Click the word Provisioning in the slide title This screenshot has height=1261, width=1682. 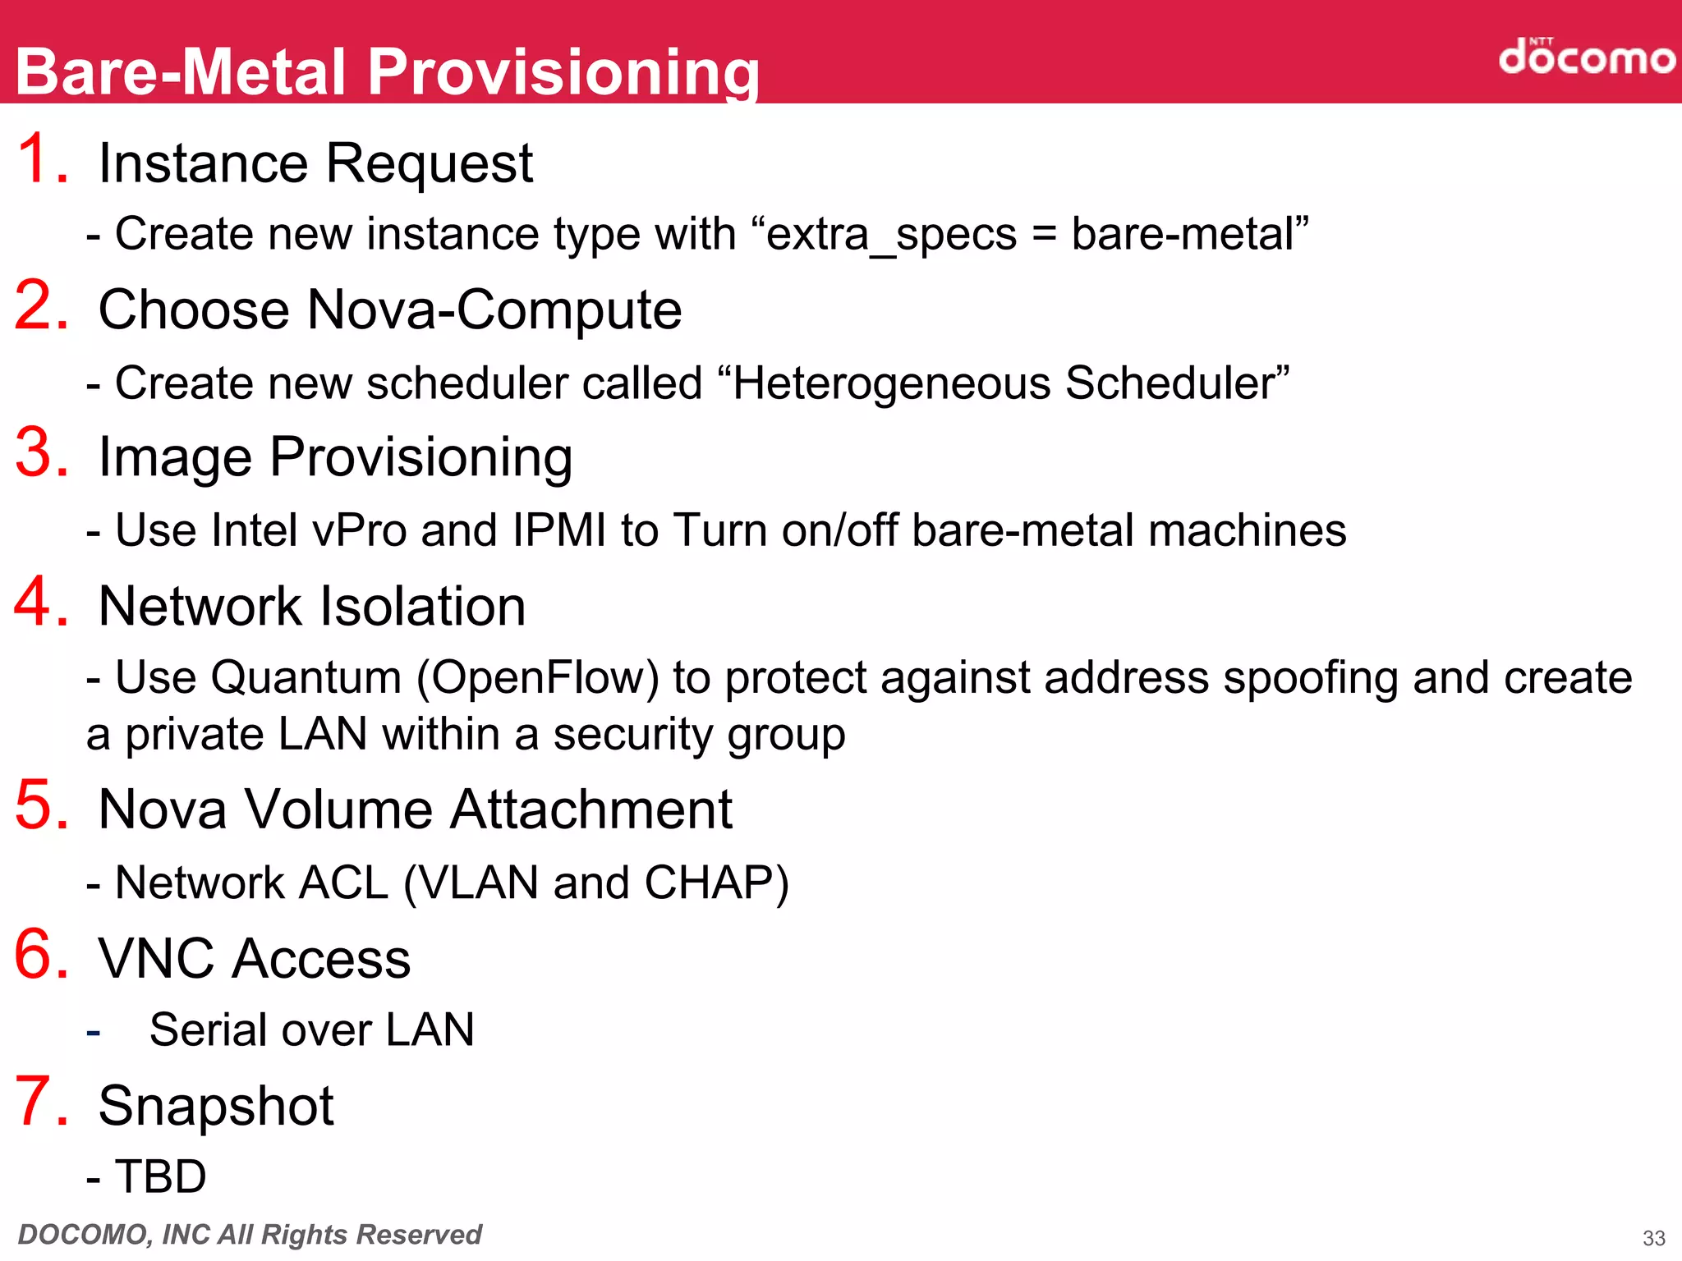563,72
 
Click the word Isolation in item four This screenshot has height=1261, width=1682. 422,607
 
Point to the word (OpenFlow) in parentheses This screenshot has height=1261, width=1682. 538,678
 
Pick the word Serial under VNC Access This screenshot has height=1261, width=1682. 209,1029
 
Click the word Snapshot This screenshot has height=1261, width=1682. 216,1106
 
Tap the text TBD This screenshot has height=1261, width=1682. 160,1176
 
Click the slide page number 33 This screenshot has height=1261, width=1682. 1653,1238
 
